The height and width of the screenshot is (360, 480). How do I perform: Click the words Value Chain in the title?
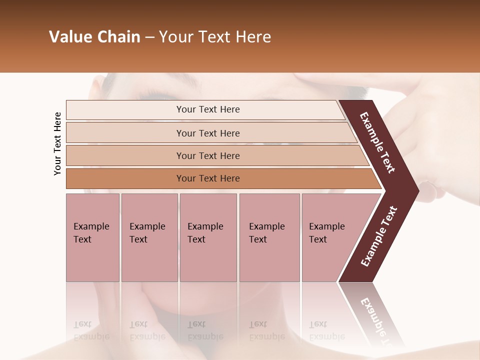94,37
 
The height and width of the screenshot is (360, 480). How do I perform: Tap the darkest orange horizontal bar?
125,178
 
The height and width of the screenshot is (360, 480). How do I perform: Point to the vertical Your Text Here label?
57,143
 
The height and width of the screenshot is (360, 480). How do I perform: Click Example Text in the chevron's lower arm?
379,236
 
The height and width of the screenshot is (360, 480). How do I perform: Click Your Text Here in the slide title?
215,37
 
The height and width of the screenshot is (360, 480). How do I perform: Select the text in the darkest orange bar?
208,178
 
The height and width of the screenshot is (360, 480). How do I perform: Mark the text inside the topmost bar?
208,109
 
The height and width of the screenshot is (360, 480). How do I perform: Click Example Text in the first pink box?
91,233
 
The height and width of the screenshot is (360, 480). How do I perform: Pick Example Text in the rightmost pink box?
326,233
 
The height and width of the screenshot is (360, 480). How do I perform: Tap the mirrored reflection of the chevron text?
378,320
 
